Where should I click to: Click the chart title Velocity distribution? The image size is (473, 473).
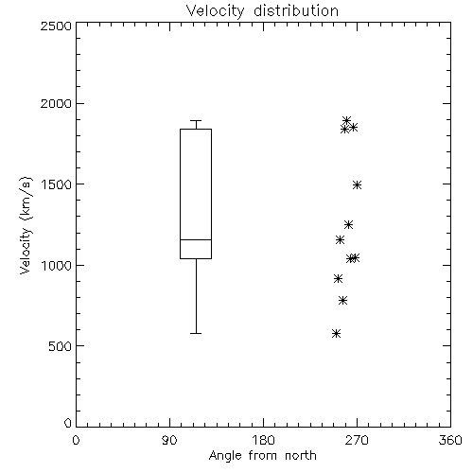point(262,11)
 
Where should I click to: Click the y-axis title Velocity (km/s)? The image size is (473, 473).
point(26,225)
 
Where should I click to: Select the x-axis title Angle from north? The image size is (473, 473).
point(262,456)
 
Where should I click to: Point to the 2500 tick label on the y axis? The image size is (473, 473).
point(56,26)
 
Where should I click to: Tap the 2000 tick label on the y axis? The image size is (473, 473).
point(56,103)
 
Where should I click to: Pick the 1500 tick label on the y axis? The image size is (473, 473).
point(57,184)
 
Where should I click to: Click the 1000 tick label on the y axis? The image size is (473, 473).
point(57,265)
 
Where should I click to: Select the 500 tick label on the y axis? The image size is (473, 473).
point(61,346)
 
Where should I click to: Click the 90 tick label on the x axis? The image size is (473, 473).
point(169,440)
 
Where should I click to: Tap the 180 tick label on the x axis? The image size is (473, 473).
point(263,440)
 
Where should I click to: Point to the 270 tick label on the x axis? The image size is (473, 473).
point(357,440)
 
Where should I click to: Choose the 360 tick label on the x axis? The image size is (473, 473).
point(450,440)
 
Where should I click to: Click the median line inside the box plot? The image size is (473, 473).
point(196,239)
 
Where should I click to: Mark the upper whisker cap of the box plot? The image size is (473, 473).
point(196,120)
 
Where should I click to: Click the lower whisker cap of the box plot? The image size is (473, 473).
point(196,333)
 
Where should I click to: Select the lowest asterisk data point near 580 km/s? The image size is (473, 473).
point(337,333)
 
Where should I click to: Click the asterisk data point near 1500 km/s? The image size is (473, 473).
point(357,184)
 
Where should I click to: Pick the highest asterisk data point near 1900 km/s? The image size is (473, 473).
point(347,120)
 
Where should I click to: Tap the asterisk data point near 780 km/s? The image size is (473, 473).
point(343,301)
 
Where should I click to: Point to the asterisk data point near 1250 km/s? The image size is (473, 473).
point(348,224)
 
